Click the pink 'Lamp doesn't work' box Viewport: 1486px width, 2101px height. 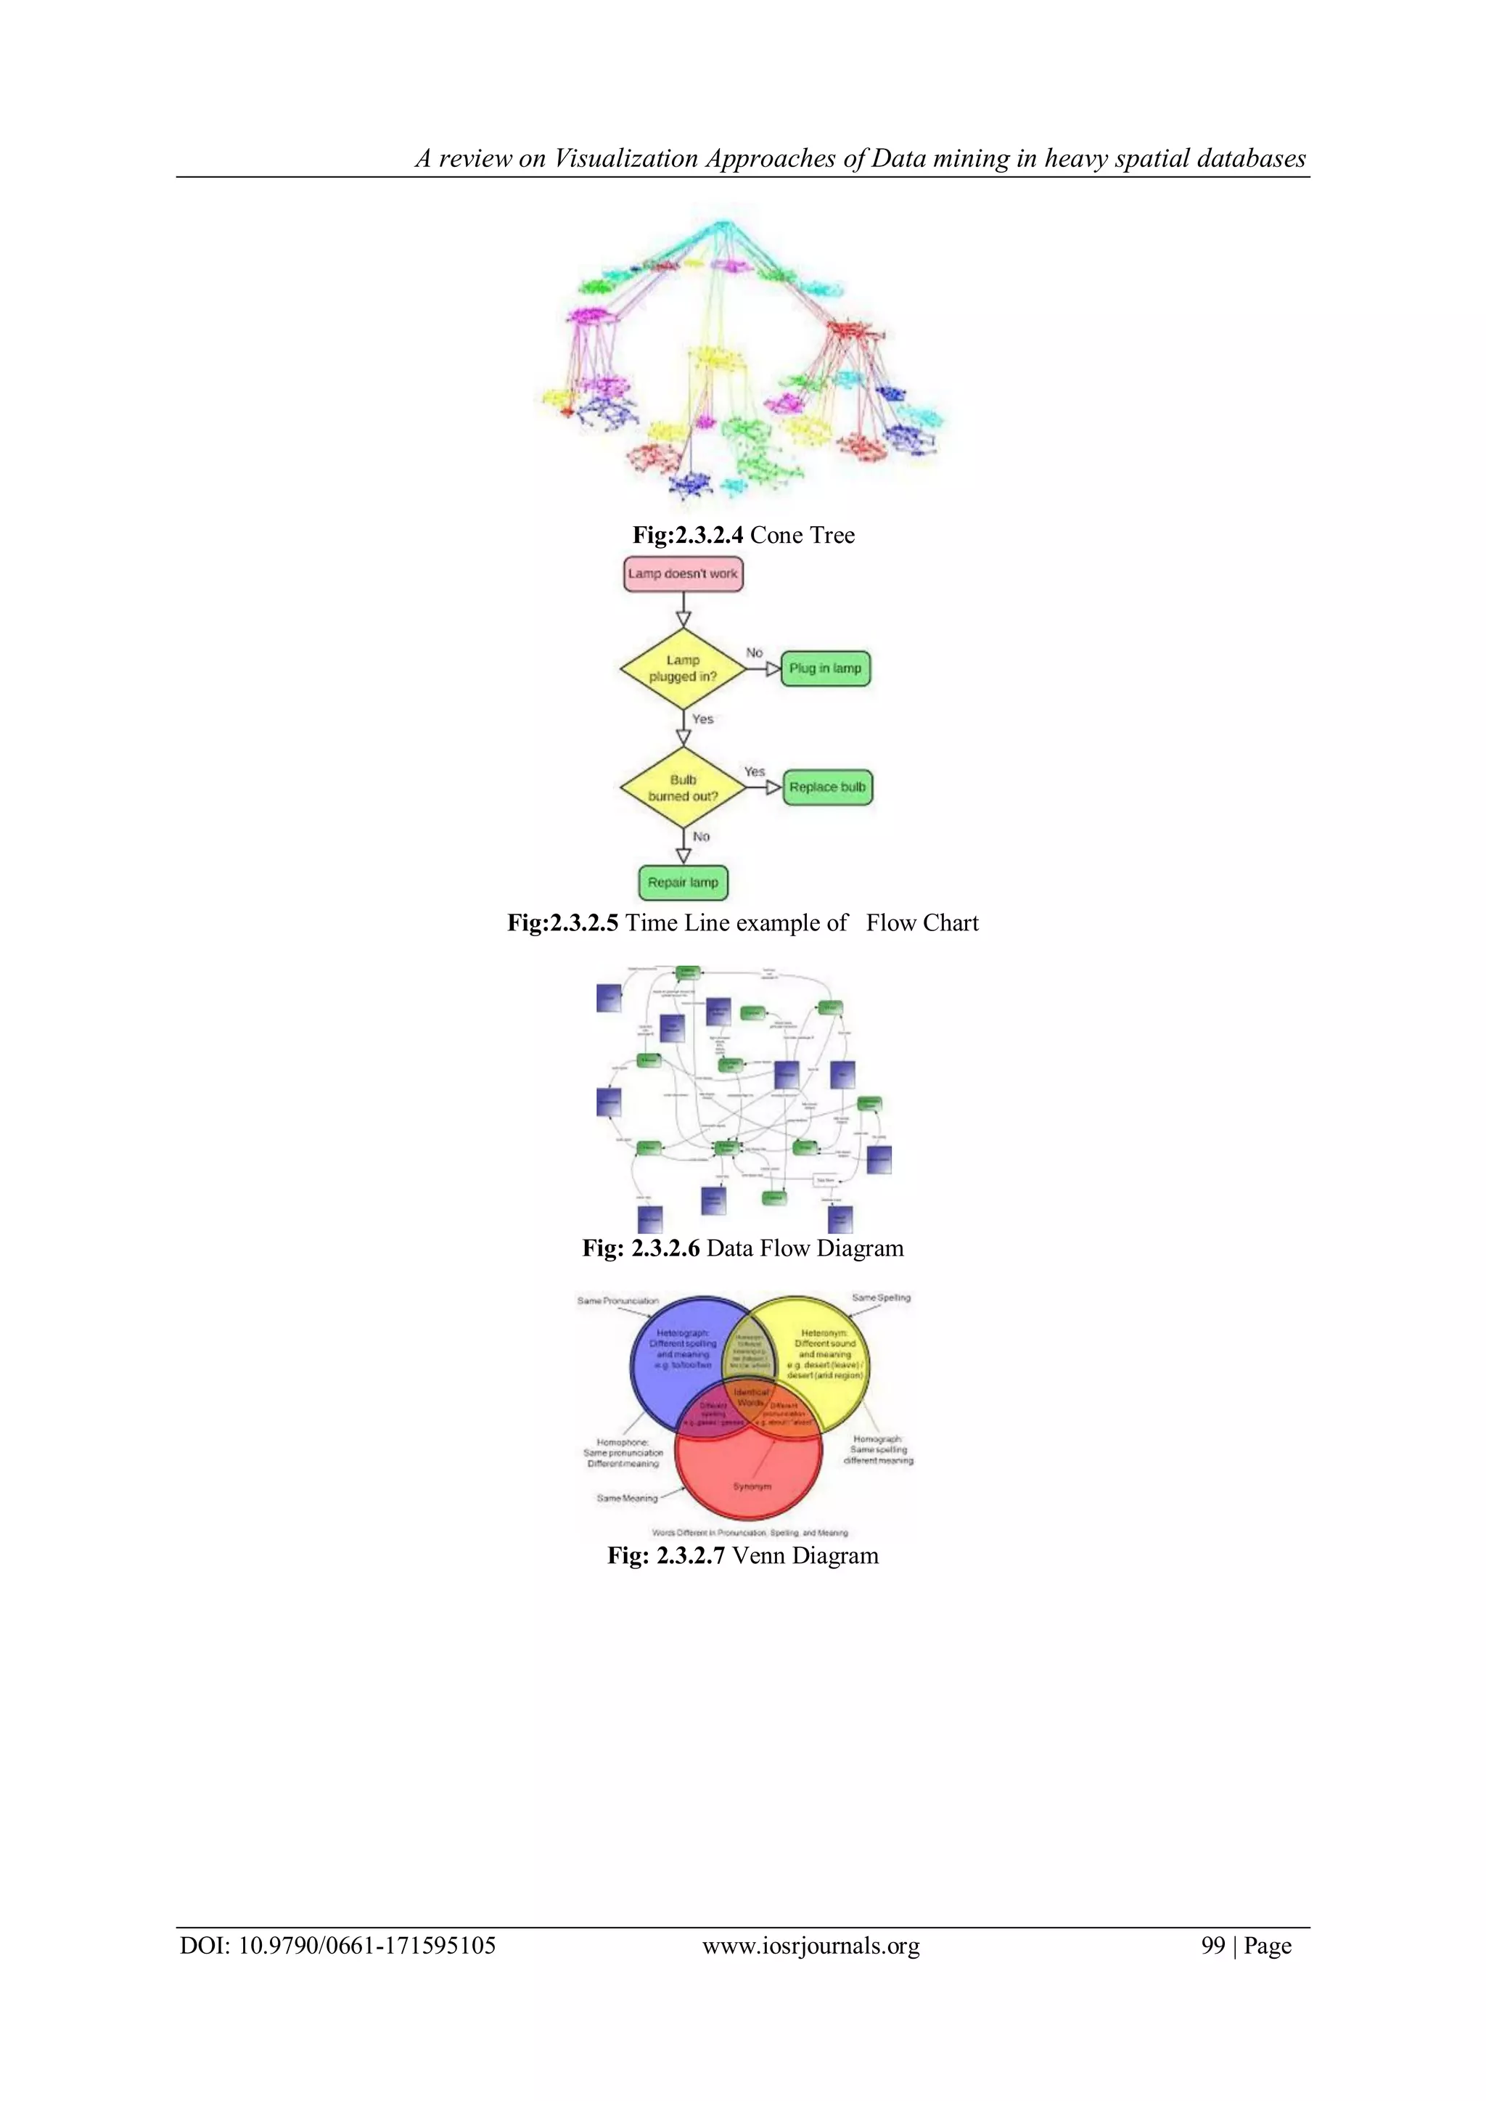click(683, 575)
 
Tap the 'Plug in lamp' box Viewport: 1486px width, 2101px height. click(825, 669)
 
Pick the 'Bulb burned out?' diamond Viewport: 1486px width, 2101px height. click(683, 788)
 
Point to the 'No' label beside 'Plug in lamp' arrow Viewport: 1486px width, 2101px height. click(754, 652)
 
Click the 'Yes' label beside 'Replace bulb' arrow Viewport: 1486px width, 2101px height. click(754, 771)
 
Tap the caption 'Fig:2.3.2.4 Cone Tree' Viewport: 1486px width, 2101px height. click(743, 536)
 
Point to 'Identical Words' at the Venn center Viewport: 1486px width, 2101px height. click(750, 1397)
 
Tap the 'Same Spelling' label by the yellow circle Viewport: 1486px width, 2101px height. click(881, 1298)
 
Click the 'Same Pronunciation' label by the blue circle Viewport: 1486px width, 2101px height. click(617, 1301)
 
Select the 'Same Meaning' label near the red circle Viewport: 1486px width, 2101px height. click(627, 1498)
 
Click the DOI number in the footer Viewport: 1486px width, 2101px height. click(367, 1946)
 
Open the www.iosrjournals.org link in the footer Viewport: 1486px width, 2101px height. click(810, 1946)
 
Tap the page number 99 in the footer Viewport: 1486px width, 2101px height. click(1212, 1946)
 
